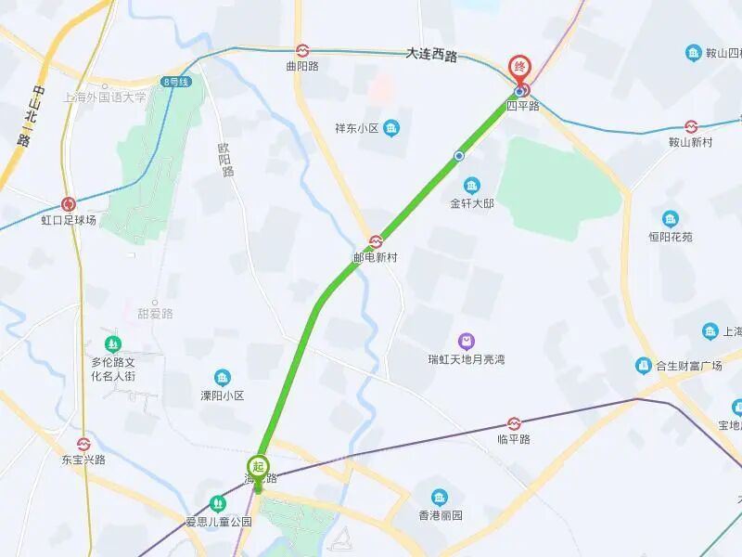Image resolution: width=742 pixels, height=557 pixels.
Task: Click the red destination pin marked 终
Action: point(521,68)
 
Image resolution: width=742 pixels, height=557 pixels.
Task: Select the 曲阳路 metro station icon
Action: point(302,51)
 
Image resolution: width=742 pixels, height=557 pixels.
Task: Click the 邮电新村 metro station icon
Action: point(376,241)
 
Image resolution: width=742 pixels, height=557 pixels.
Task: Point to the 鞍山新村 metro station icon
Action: point(691,126)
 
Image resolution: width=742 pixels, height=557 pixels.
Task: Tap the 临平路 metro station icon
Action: point(514,423)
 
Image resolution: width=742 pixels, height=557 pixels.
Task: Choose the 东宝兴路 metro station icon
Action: point(83,444)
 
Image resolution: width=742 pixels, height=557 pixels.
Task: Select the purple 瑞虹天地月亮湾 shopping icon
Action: point(466,343)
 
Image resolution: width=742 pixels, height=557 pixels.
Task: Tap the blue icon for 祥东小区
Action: point(392,127)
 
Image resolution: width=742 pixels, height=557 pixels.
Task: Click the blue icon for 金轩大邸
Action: point(472,185)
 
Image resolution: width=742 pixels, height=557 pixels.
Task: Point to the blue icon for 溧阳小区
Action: point(223,377)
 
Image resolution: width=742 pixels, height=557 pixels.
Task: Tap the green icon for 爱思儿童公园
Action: point(218,503)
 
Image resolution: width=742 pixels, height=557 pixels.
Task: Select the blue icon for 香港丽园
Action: point(440,497)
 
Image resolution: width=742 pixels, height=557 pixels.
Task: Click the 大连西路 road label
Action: point(432,56)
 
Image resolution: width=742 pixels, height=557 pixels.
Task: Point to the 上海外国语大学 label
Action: point(105,97)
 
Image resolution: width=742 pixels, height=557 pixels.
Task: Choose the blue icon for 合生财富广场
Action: point(644,366)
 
